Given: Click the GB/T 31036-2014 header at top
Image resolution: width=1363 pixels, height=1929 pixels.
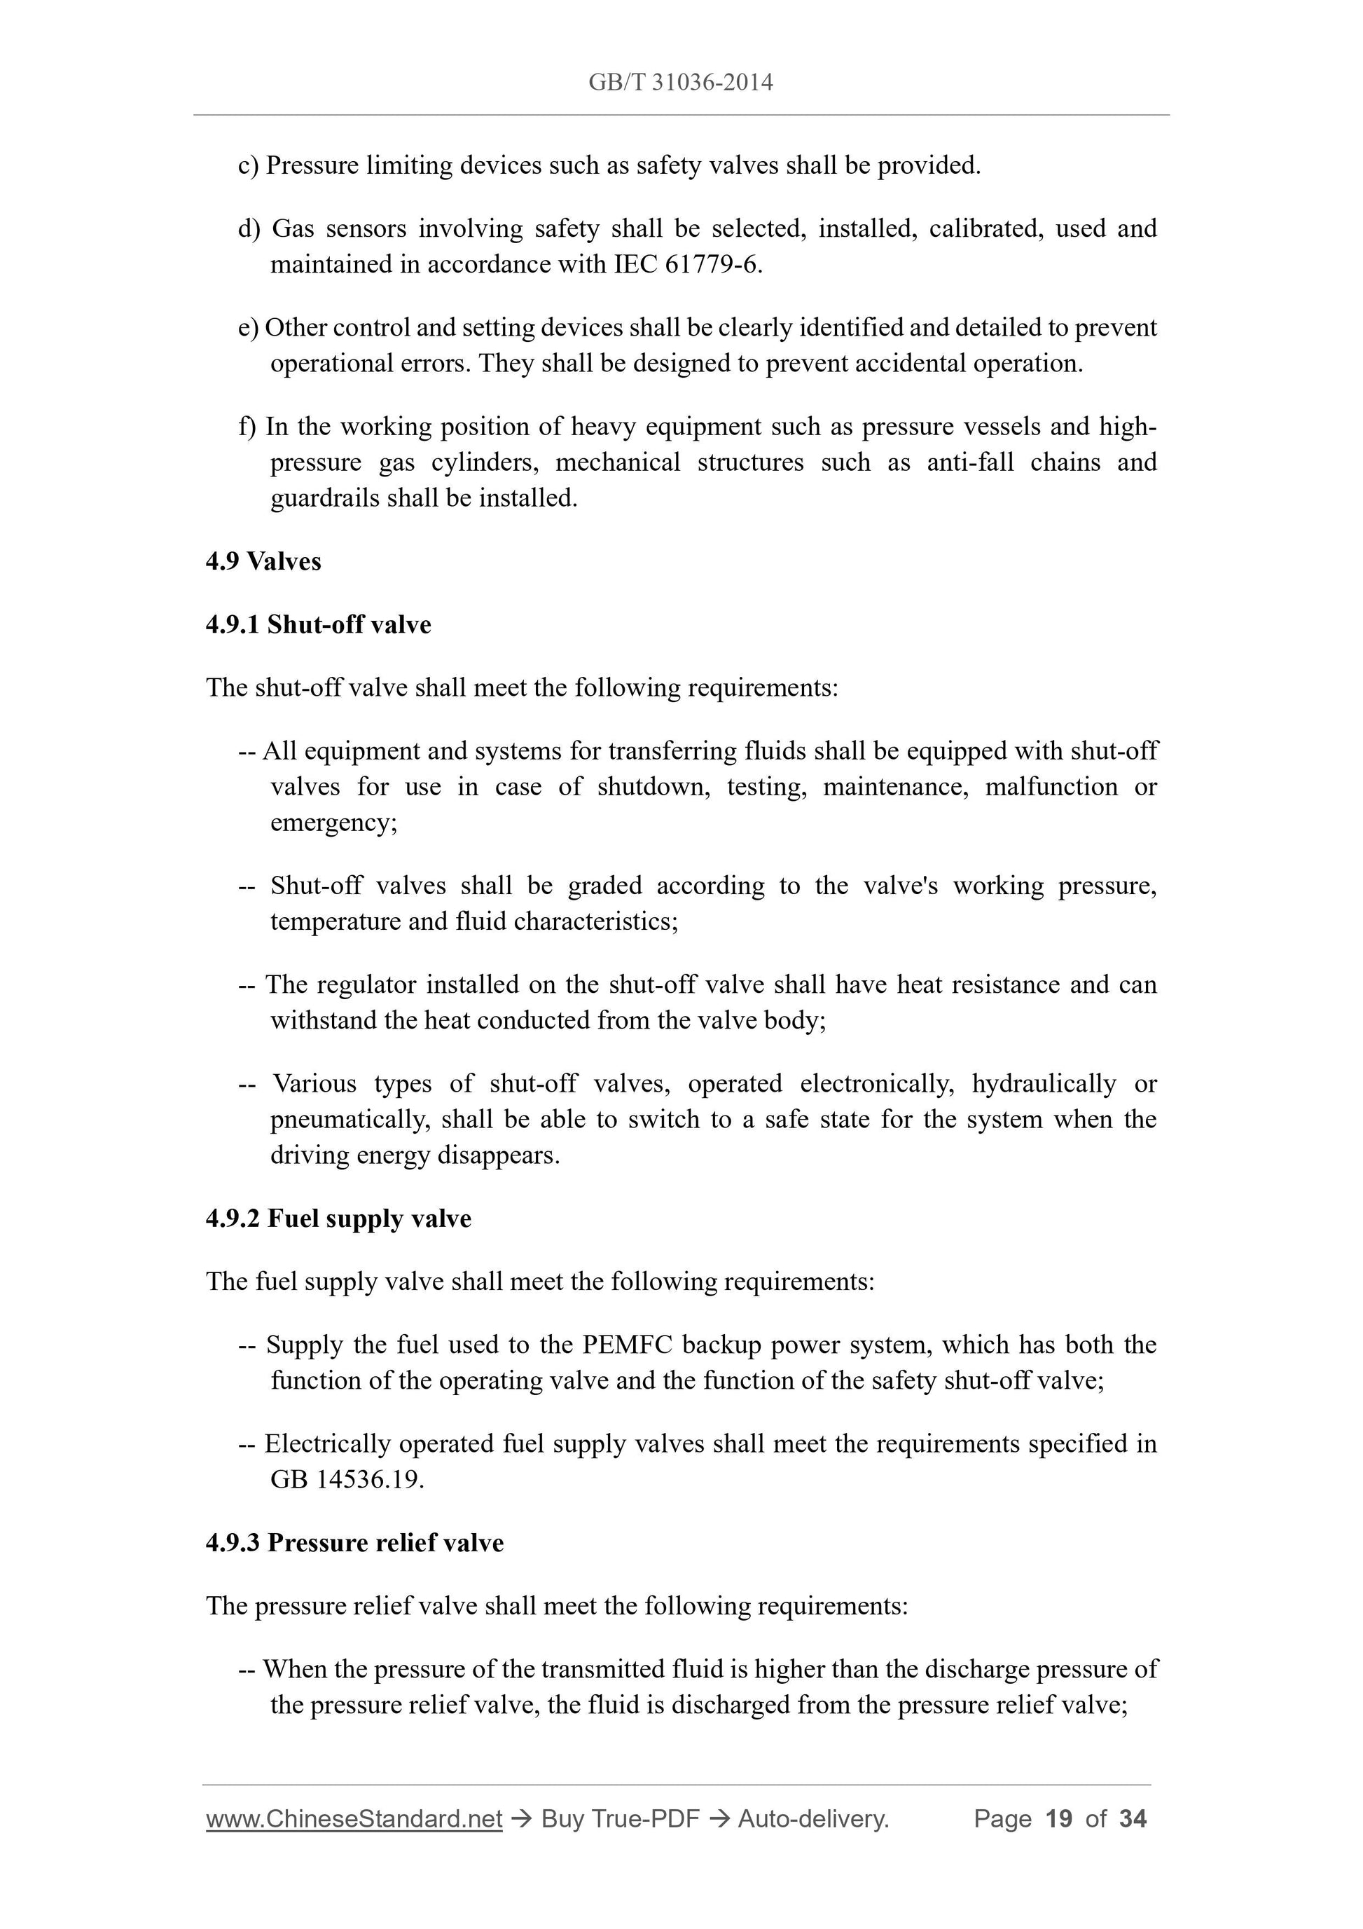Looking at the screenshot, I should coord(680,83).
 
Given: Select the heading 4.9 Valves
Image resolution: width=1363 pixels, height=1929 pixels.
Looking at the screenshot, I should coord(263,561).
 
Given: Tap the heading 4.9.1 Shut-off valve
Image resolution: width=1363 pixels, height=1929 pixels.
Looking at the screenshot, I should coord(318,625).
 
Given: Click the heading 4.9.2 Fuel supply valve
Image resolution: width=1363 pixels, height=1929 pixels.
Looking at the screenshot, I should coord(338,1219).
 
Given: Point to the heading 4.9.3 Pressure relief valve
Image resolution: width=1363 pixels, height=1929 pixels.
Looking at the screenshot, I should coord(354,1544).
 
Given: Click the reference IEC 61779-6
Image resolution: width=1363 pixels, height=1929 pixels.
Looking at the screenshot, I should coord(686,265).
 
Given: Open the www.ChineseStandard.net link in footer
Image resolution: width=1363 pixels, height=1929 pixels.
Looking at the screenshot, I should coord(354,1819).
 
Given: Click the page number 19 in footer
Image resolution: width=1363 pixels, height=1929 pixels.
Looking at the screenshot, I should coord(1059,1819).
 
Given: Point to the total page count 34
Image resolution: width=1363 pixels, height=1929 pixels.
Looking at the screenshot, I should coord(1133,1819).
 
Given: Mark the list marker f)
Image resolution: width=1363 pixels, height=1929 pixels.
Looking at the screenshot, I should coord(248,427).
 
